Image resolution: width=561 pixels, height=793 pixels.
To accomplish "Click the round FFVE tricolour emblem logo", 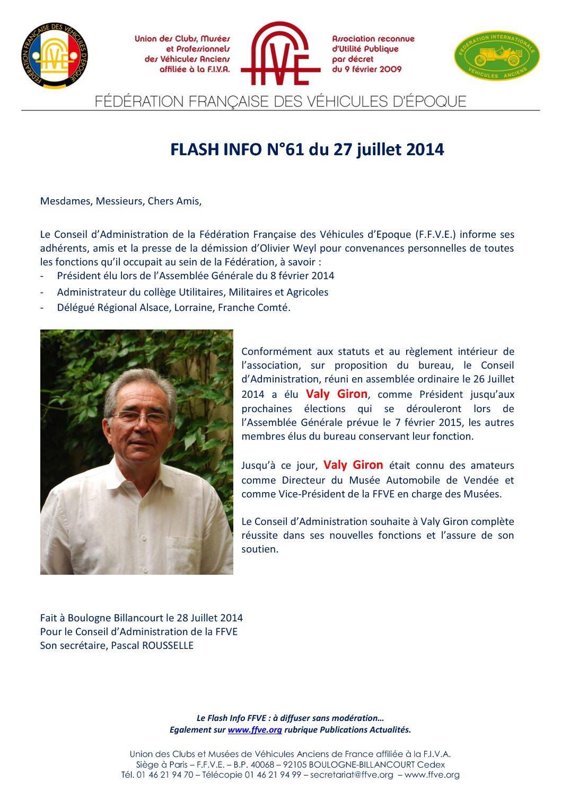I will (x=55, y=56).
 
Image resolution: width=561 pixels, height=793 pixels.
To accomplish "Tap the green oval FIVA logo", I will (x=497, y=56).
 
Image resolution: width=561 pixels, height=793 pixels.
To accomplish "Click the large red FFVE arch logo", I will (x=280, y=54).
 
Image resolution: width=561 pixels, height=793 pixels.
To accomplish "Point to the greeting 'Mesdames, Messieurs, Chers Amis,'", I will (x=121, y=201).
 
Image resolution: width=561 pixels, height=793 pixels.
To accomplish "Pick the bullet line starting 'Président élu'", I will (x=195, y=275).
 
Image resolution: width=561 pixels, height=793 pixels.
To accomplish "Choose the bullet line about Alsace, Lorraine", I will (x=173, y=307).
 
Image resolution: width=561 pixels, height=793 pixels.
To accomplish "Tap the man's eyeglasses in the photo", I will (x=141, y=418).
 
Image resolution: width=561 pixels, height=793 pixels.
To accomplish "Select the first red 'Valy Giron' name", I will (x=336, y=394).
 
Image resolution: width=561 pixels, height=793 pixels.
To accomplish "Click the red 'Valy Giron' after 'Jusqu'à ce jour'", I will (x=353, y=465).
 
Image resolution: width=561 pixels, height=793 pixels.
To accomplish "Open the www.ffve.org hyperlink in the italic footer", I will (x=255, y=729).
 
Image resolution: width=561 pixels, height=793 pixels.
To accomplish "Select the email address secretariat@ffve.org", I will (x=352, y=774).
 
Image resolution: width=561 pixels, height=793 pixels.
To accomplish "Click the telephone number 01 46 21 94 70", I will (x=165, y=774).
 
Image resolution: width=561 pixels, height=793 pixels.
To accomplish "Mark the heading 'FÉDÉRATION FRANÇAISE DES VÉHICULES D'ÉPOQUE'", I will (x=280, y=101).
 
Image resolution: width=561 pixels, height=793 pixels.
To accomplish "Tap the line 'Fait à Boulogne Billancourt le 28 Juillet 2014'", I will (x=141, y=618).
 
